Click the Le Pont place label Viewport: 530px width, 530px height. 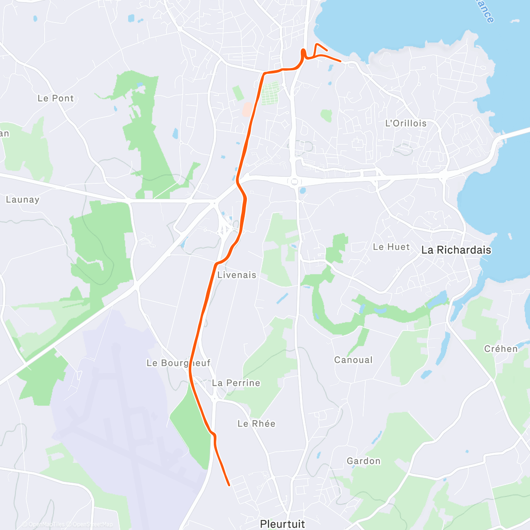click(x=56, y=98)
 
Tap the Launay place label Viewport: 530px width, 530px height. click(x=23, y=200)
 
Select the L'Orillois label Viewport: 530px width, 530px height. click(x=406, y=123)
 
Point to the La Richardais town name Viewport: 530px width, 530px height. click(x=456, y=250)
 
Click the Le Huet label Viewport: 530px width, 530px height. click(x=391, y=247)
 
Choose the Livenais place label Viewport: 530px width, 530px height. click(x=237, y=275)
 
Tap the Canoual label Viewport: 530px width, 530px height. click(x=353, y=360)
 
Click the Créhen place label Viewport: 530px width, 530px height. click(x=501, y=349)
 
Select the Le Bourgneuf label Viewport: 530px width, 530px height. click(x=178, y=363)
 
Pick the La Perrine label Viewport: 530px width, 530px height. click(x=236, y=383)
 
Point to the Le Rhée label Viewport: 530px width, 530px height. click(x=256, y=424)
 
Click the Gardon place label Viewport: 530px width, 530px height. click(x=363, y=461)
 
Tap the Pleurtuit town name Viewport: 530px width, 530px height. click(x=283, y=524)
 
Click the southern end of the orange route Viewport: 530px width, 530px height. click(x=229, y=485)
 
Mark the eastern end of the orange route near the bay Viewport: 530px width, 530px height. click(x=341, y=61)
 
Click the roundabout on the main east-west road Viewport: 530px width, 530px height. click(x=294, y=181)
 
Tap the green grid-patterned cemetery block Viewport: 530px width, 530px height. click(x=270, y=93)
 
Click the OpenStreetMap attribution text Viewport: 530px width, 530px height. click(x=92, y=524)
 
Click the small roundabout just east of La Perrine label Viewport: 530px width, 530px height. click(x=216, y=399)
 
